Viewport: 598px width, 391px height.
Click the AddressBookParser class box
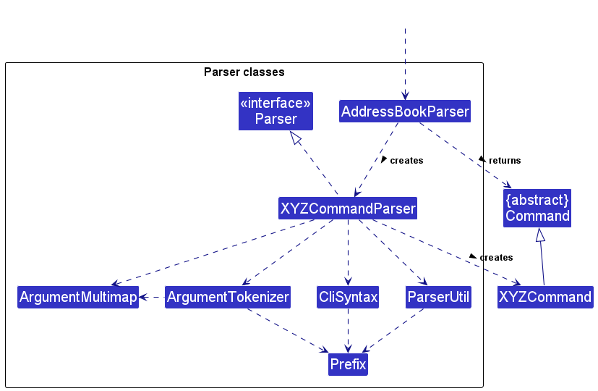[405, 112]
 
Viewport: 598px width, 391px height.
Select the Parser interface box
[275, 111]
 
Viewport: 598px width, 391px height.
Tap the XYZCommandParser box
[348, 209]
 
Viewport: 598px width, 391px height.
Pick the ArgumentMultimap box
[78, 297]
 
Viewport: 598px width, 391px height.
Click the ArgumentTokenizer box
[228, 297]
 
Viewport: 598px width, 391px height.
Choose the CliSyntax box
[348, 297]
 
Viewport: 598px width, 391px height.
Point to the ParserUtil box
[438, 297]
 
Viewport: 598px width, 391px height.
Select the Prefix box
[348, 364]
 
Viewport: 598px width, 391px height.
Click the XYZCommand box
[545, 297]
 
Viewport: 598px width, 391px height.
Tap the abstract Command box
[537, 209]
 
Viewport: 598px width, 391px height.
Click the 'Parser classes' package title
[244, 72]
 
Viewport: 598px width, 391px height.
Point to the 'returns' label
[504, 160]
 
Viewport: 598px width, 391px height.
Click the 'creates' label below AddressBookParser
[406, 160]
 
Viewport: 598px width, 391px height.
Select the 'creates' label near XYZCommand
[496, 257]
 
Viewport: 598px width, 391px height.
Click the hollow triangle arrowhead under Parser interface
[295, 138]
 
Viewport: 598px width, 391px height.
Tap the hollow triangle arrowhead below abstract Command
[539, 235]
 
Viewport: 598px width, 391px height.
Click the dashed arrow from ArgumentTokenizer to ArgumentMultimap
[152, 297]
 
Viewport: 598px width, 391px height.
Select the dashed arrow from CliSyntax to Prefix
[348, 330]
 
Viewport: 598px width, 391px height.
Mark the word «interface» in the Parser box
[275, 103]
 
